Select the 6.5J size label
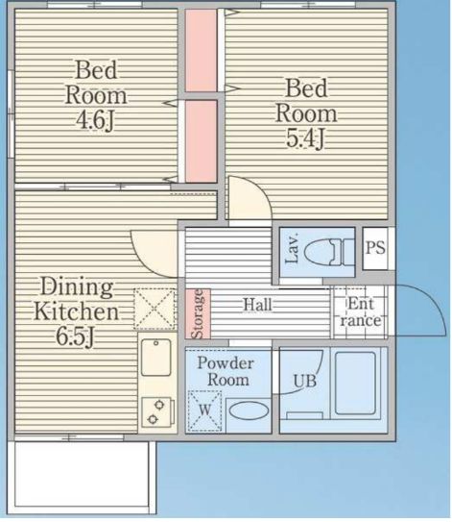pyautogui.click(x=75, y=336)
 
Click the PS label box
pyautogui.click(x=375, y=248)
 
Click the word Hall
pyautogui.click(x=257, y=305)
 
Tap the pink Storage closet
pyautogui.click(x=198, y=313)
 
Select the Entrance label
pyautogui.click(x=360, y=312)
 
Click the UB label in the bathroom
pyautogui.click(x=305, y=382)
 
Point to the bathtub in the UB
pyautogui.click(x=356, y=384)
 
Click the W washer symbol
pyautogui.click(x=204, y=410)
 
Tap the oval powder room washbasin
pyautogui.click(x=249, y=410)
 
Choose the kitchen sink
pyautogui.click(x=155, y=358)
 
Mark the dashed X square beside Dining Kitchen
pyautogui.click(x=155, y=309)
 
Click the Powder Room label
pyautogui.click(x=226, y=371)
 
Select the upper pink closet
pyautogui.click(x=201, y=50)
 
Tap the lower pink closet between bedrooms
pyautogui.click(x=201, y=141)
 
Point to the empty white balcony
pyautogui.click(x=82, y=478)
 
